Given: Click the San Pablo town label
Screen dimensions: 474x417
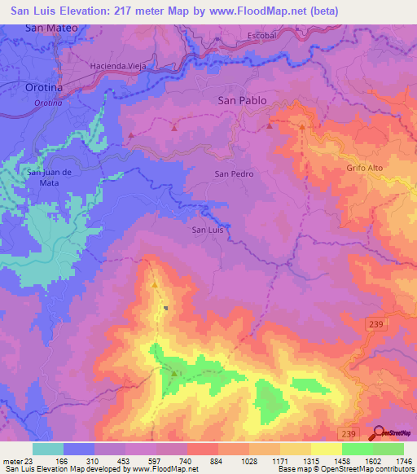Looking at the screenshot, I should pos(244,101).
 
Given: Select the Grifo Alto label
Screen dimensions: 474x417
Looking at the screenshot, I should pos(363,169).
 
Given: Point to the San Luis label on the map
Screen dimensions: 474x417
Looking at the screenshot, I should pos(207,230).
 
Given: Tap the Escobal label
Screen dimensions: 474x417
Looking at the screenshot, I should pos(262,36).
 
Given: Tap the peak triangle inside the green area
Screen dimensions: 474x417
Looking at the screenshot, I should pos(174,374).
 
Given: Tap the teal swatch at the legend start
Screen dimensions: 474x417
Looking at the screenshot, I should pos(47,449).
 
